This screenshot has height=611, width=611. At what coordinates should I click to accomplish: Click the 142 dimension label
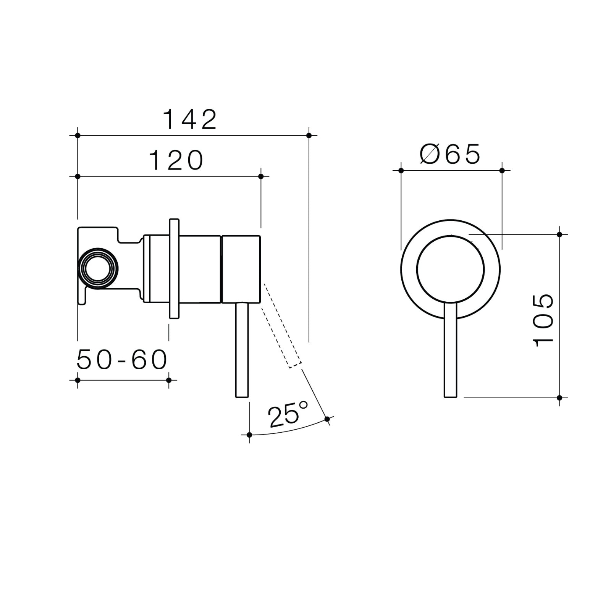tap(190, 119)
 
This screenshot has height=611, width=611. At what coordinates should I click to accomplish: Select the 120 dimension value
tap(176, 160)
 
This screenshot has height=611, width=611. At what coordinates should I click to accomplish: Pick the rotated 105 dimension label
tap(543, 320)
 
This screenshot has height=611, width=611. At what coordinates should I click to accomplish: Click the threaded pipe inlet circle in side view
tap(98, 269)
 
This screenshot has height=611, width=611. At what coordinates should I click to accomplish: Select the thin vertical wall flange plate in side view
tap(174, 268)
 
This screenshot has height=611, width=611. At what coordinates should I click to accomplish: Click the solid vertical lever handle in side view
tap(242, 350)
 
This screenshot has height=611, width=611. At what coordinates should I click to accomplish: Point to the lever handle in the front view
tap(451, 351)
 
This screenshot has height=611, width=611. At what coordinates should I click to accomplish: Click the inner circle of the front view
tap(451, 269)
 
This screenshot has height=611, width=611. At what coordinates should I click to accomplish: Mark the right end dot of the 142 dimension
tap(309, 136)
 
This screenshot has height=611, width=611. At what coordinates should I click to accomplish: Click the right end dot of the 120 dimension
tap(261, 176)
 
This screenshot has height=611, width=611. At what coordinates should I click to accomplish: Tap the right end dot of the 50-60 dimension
tap(169, 380)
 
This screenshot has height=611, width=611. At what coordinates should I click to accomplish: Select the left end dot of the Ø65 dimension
tap(401, 170)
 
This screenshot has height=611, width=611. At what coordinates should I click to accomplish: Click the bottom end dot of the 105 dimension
tap(559, 398)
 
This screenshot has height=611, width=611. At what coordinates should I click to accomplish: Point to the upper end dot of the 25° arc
tap(327, 419)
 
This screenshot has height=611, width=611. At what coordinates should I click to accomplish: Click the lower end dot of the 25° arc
tap(249, 435)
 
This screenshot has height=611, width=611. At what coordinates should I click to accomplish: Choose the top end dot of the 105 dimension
tap(559, 234)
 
